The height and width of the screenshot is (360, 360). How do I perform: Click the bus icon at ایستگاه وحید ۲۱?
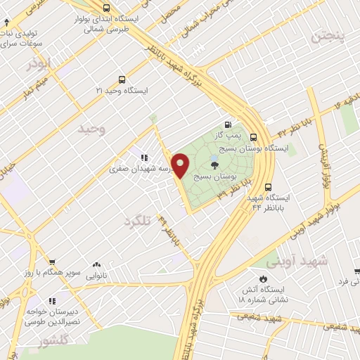tap(122, 79)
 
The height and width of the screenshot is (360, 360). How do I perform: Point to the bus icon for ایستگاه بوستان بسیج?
tap(253, 138)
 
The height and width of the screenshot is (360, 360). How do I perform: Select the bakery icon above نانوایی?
tap(96, 266)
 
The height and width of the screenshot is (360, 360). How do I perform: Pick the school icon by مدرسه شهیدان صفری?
tap(144, 157)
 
